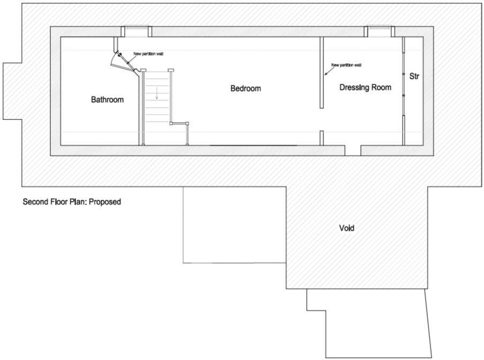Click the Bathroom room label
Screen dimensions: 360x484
[107, 100]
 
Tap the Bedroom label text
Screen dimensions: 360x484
[246, 88]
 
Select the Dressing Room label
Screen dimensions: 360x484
[365, 87]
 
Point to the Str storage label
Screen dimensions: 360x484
[414, 77]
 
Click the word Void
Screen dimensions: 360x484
[346, 228]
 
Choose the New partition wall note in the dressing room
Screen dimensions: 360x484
[346, 65]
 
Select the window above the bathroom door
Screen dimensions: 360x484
[135, 31]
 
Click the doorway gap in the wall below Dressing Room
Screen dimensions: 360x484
[352, 150]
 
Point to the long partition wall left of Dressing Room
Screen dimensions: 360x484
[321, 72]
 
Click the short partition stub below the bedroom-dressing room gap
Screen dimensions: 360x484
[321, 138]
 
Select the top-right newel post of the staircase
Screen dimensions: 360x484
[171, 70]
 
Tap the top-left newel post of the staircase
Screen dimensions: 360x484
[143, 70]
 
